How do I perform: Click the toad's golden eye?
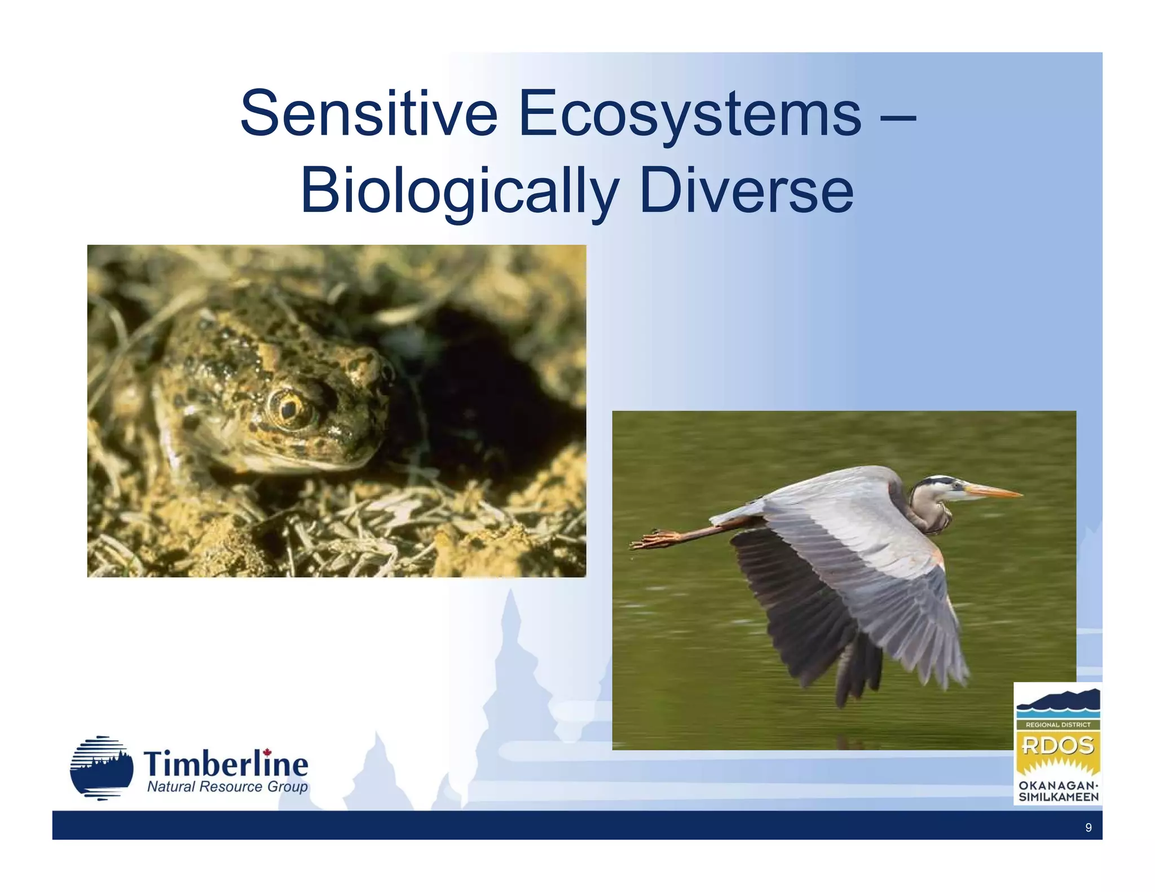pyautogui.click(x=289, y=408)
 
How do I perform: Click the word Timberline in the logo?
pyautogui.click(x=226, y=765)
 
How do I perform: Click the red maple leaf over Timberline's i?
pyautogui.click(x=267, y=752)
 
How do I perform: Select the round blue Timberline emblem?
pyautogui.click(x=102, y=768)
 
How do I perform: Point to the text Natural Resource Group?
pyautogui.click(x=227, y=787)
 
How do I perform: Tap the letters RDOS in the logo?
pyautogui.click(x=1057, y=745)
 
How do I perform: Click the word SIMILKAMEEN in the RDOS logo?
pyautogui.click(x=1058, y=797)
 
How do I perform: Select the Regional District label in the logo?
pyautogui.click(x=1057, y=725)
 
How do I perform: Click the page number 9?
pyautogui.click(x=1088, y=827)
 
